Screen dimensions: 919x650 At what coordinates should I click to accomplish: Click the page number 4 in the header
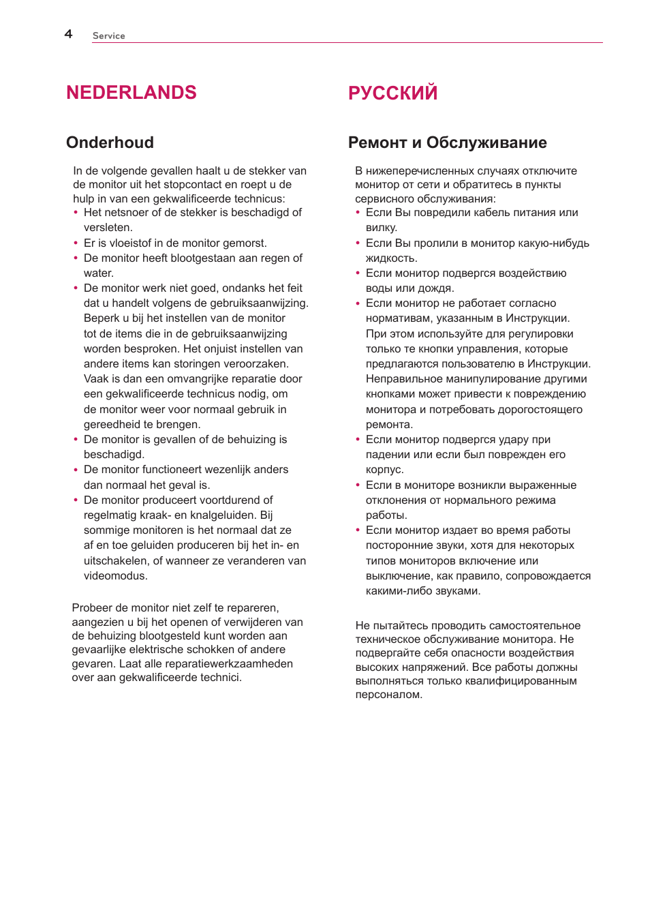pyautogui.click(x=68, y=34)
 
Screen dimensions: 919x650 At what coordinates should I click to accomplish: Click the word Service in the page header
pyautogui.click(x=108, y=36)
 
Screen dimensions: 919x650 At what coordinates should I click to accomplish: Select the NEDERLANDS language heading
pyautogui.click(x=131, y=93)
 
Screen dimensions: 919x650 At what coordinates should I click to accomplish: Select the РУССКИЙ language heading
pyautogui.click(x=392, y=93)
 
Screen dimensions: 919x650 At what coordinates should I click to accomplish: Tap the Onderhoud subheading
pyautogui.click(x=110, y=142)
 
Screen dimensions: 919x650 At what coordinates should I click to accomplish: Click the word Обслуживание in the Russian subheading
pyautogui.click(x=486, y=142)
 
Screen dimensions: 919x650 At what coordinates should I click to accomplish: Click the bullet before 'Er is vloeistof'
pyautogui.click(x=76, y=243)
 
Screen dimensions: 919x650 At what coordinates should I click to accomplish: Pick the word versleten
pyautogui.click(x=107, y=228)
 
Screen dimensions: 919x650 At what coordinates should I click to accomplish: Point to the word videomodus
pyautogui.click(x=114, y=576)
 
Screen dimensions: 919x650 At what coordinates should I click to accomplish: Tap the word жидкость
pyautogui.click(x=391, y=258)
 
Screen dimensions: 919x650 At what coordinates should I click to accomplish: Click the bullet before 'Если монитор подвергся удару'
pyautogui.click(x=358, y=440)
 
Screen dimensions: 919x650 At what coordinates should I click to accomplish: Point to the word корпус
pyautogui.click(x=384, y=470)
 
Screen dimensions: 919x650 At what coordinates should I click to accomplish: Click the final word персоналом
pyautogui.click(x=388, y=695)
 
